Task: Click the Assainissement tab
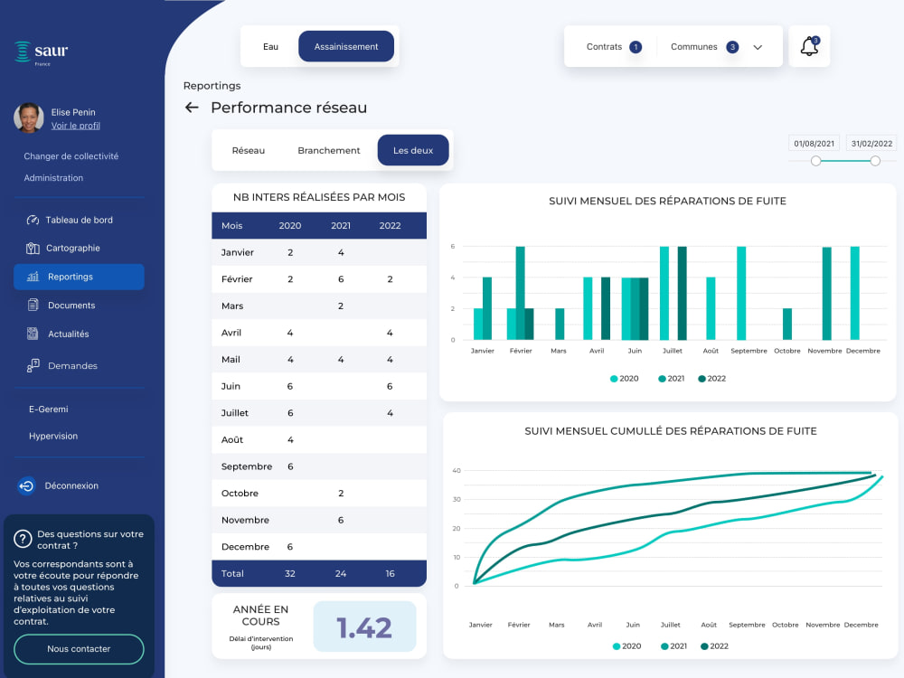pos(346,47)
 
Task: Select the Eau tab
pos(270,47)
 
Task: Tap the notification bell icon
pos(809,46)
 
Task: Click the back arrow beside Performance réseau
pos(192,108)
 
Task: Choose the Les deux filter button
pos(413,150)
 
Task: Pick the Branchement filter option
pos(329,150)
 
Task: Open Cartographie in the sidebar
pos(72,248)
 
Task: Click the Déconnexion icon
pos(26,486)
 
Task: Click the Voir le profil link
pos(76,126)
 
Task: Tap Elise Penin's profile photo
pos(29,118)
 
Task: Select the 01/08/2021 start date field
pos(815,144)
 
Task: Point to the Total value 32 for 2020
pos(290,574)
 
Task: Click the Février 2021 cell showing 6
pos(341,279)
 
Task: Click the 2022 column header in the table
pos(390,225)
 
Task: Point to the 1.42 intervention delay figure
pos(364,627)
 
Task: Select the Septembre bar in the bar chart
pos(741,293)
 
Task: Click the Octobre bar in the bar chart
pos(787,324)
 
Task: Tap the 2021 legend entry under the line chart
pos(674,646)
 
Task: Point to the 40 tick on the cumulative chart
pos(457,470)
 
